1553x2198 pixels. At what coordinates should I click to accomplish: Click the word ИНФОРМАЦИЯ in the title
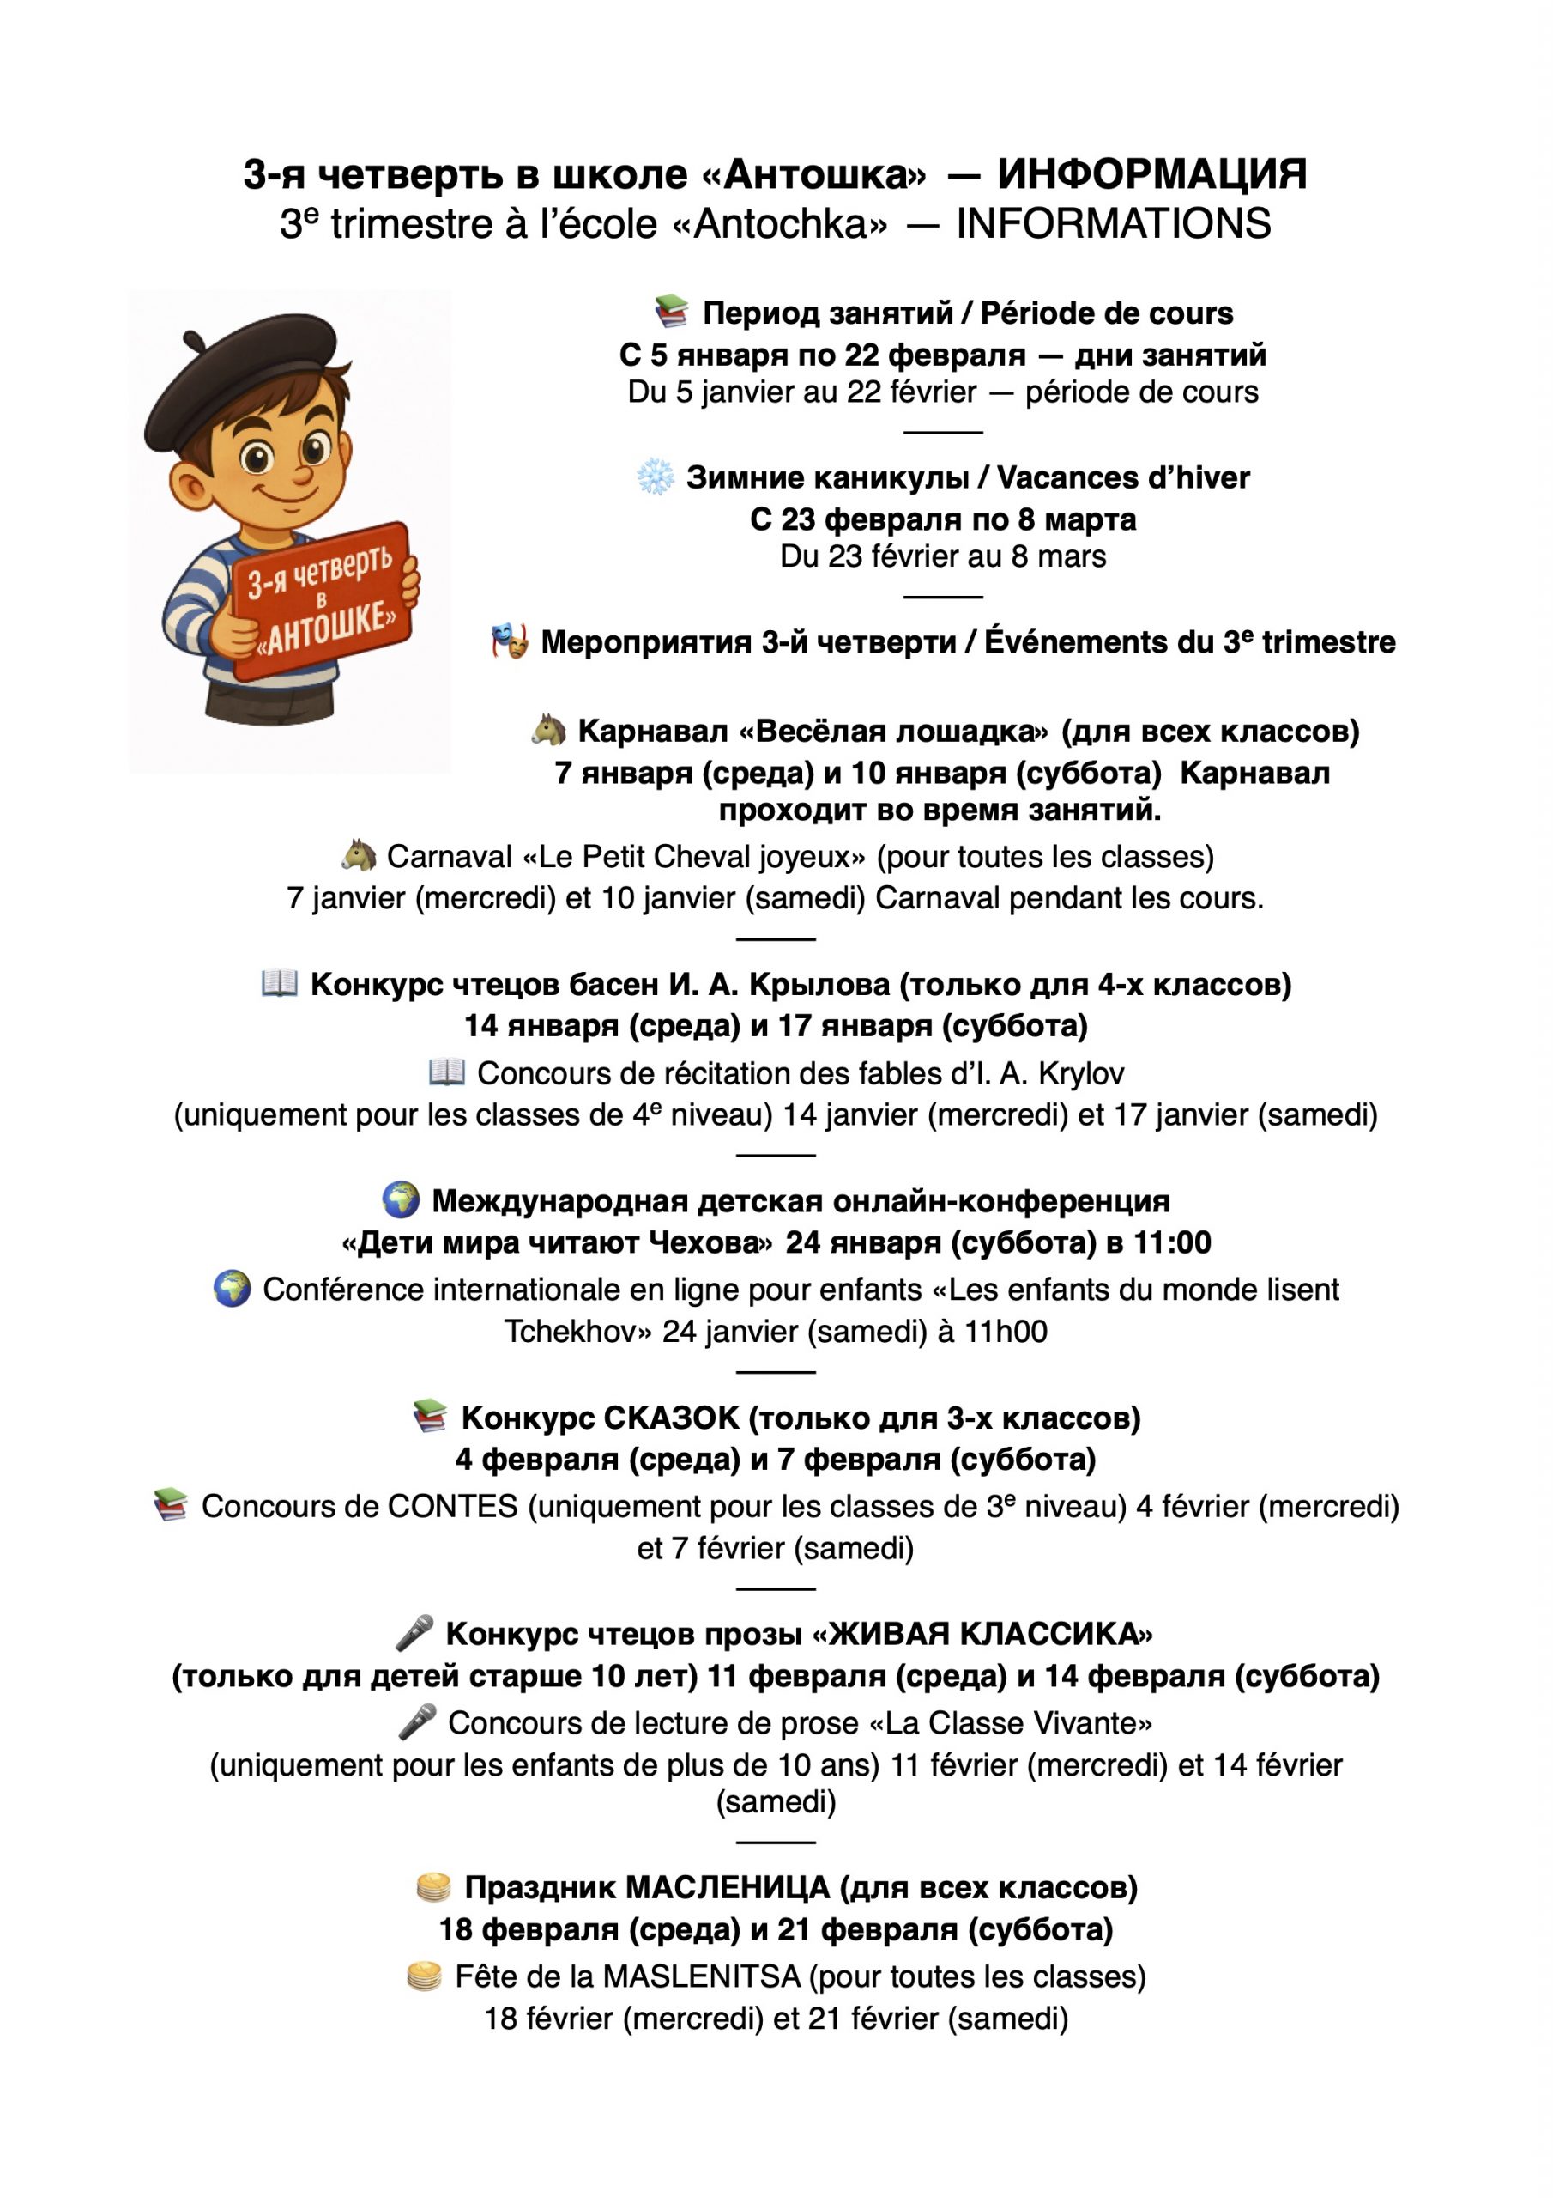point(1151,174)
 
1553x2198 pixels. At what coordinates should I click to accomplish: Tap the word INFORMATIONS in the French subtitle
point(1113,224)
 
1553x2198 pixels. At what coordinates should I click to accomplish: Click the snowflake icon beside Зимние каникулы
point(656,477)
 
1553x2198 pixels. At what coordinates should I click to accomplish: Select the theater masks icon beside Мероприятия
point(510,641)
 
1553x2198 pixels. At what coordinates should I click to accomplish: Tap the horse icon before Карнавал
point(549,731)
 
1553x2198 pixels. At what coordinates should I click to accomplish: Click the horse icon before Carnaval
point(359,855)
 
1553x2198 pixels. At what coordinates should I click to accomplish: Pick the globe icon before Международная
point(401,1199)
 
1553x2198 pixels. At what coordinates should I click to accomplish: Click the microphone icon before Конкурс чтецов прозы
point(415,1633)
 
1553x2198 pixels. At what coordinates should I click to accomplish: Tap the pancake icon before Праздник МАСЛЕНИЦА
point(433,1888)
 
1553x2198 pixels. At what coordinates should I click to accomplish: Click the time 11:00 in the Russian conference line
point(1172,1242)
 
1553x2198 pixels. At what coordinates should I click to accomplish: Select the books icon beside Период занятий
point(672,311)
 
